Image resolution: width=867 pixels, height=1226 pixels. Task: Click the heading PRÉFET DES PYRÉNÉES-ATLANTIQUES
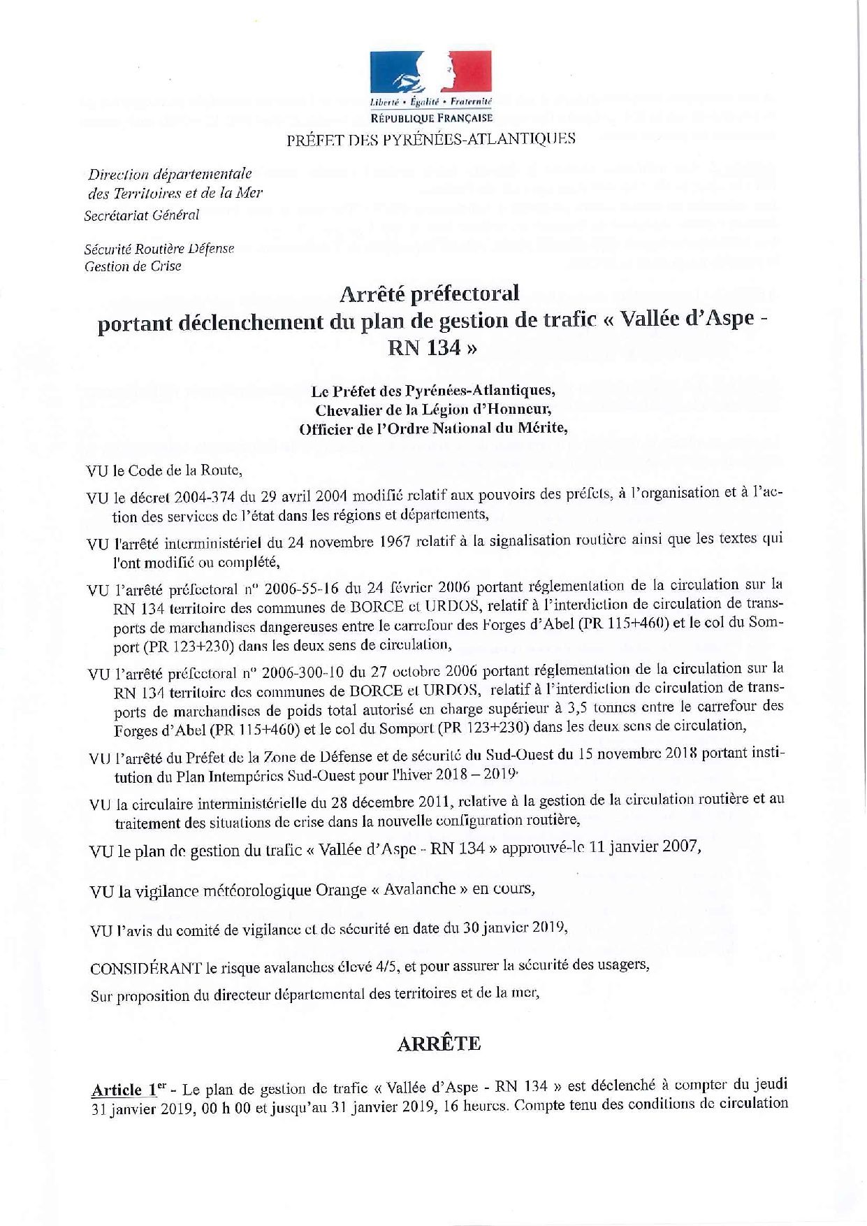coord(431,138)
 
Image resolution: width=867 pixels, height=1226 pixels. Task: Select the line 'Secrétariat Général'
coord(141,215)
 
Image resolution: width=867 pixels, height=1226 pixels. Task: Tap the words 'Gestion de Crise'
coord(132,266)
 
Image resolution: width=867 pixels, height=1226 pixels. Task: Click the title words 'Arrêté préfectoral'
coord(430,294)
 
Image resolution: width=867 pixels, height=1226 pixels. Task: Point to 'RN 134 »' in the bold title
coord(433,347)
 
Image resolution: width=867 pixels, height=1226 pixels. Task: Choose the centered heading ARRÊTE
coord(438,1044)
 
